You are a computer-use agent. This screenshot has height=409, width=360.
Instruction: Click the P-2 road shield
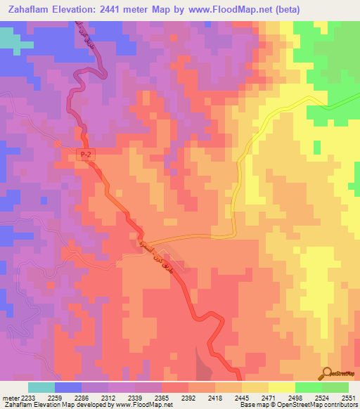coord(84,155)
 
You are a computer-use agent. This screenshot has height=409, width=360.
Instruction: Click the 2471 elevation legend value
coord(269,396)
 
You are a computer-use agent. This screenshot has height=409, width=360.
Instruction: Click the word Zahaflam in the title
coord(29,9)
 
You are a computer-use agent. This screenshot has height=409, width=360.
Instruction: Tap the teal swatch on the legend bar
coord(41,387)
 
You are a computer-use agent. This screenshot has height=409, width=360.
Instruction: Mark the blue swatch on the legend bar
coord(67,387)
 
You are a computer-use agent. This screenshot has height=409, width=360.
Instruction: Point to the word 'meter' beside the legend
coord(11,396)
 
